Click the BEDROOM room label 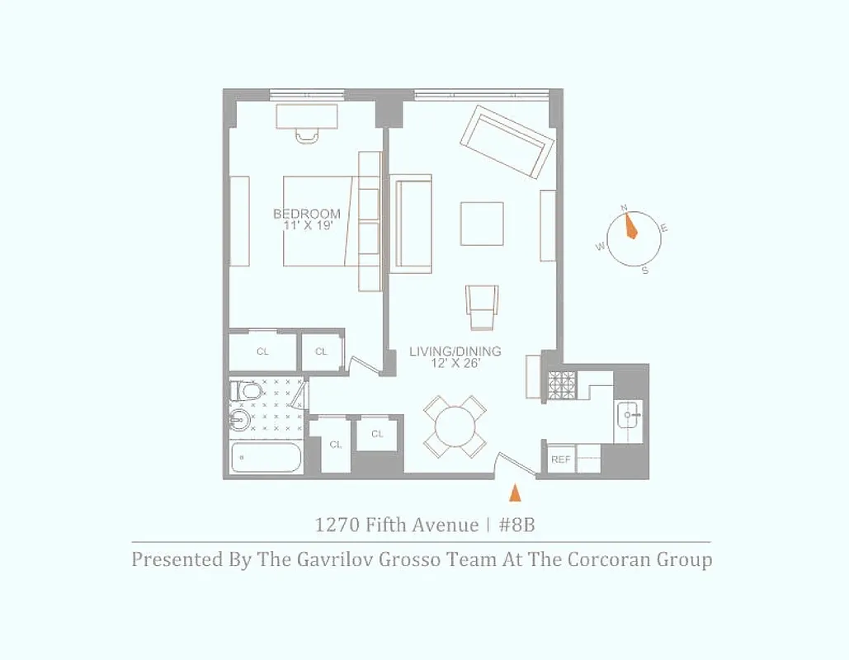tap(306, 214)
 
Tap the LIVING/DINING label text tap(455, 351)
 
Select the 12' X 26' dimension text tap(455, 363)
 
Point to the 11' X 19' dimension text tap(307, 226)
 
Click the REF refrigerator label tap(560, 460)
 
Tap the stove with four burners tap(561, 384)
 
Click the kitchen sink tap(630, 412)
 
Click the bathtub tap(266, 457)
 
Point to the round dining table tap(455, 427)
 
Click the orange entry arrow tap(515, 493)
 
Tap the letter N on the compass tap(625, 208)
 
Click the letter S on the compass tap(644, 271)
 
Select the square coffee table tap(482, 224)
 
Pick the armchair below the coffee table tap(482, 307)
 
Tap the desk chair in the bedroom tap(307, 134)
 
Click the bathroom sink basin tap(240, 421)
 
